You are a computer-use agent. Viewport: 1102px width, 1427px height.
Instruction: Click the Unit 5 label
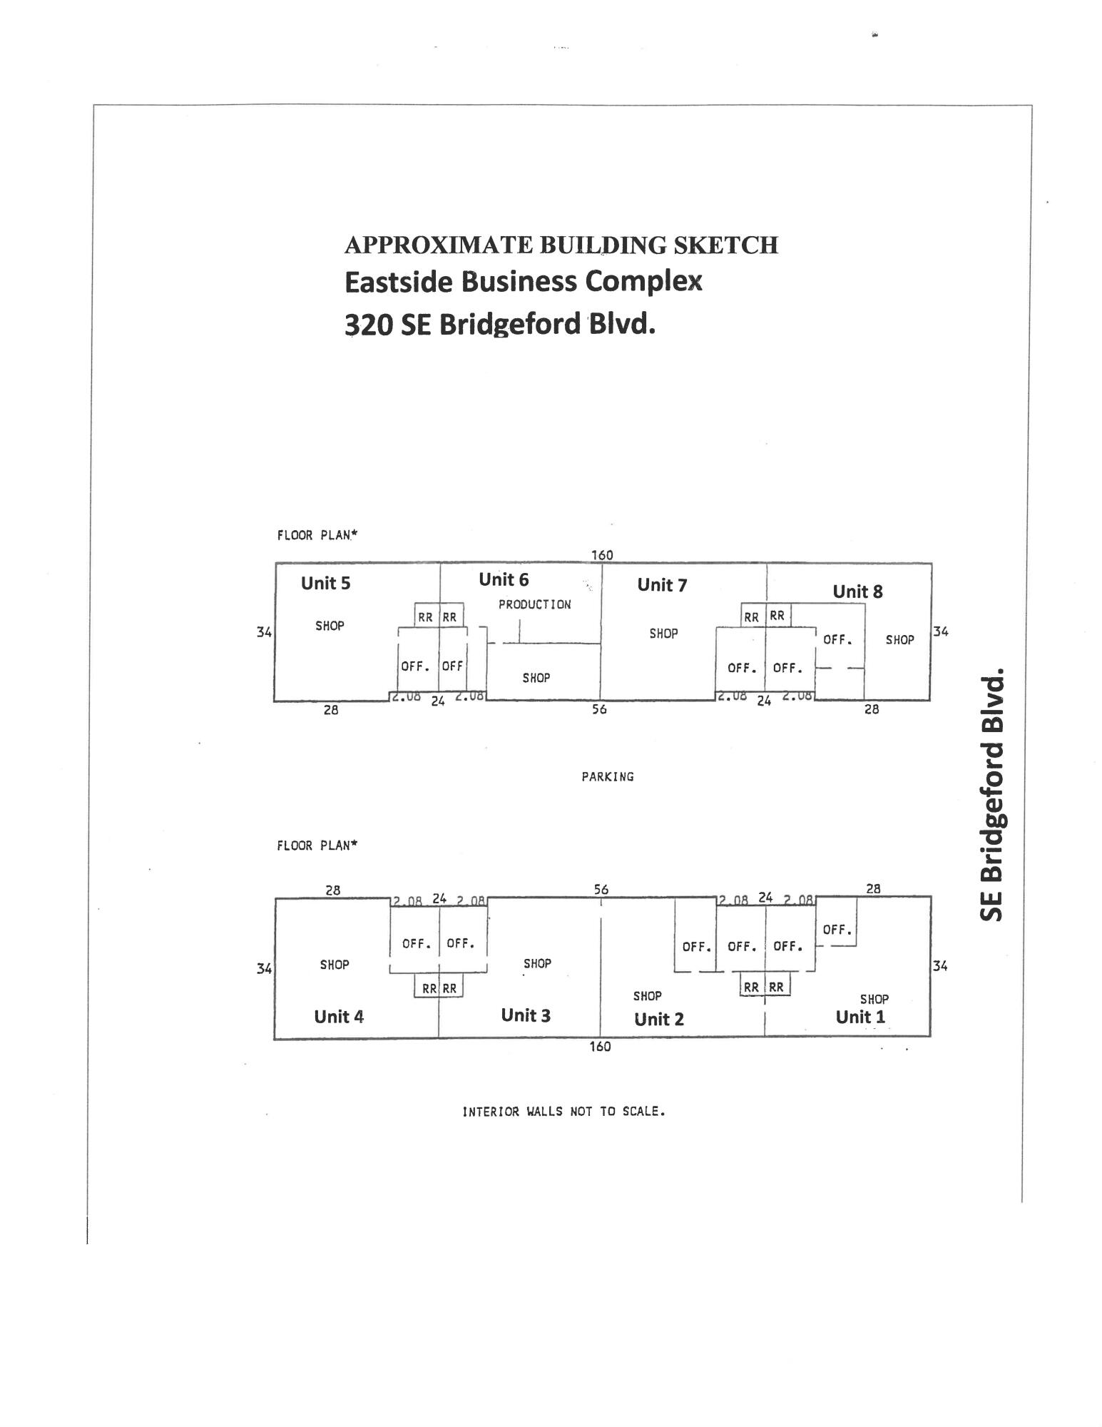click(x=325, y=583)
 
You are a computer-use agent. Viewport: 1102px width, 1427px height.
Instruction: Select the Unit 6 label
click(x=504, y=579)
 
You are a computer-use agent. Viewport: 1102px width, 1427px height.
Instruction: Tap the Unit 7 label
click(x=662, y=585)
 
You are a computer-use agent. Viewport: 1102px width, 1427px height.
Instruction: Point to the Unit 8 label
click(x=857, y=591)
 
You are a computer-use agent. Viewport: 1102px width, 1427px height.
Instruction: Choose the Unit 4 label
click(x=339, y=1016)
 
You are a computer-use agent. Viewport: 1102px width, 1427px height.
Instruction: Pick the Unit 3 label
click(x=526, y=1015)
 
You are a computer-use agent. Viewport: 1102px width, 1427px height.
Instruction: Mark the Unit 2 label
click(x=659, y=1019)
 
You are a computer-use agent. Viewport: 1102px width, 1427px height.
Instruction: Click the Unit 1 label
click(x=860, y=1017)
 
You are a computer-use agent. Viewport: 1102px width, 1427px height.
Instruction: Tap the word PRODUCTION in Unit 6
click(x=534, y=604)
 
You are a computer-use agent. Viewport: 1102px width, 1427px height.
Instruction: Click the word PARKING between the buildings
click(x=608, y=776)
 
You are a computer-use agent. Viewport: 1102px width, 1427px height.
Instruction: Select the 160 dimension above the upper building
click(x=602, y=555)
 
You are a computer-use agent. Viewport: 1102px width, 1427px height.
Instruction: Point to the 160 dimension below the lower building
click(x=600, y=1047)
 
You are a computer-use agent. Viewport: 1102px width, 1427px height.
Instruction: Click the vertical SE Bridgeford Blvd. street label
click(x=991, y=794)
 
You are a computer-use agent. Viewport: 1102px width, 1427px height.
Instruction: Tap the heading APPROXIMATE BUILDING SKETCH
click(x=561, y=245)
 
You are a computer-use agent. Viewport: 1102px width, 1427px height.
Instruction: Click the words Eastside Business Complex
click(x=523, y=281)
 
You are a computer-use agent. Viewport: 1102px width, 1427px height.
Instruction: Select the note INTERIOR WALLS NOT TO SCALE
click(x=563, y=1112)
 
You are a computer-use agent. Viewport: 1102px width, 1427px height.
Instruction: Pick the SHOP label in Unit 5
click(x=330, y=626)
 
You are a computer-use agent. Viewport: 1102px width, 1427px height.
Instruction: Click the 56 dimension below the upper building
click(x=599, y=709)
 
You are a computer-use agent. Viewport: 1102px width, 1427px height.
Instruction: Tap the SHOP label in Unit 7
click(x=663, y=633)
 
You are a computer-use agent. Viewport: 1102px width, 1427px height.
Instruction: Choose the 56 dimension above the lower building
click(x=601, y=889)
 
